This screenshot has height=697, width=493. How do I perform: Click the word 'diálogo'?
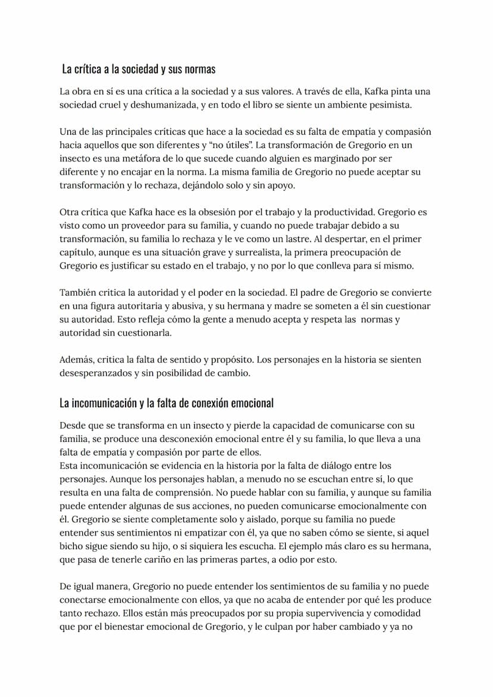326,466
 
